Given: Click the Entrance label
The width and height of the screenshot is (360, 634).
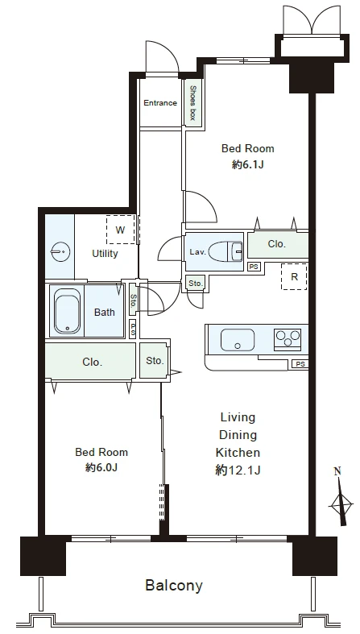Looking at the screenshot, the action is tap(160, 103).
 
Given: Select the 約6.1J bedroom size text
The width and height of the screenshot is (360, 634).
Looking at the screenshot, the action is tap(248, 165).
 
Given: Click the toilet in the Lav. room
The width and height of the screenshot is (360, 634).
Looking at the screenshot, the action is tap(226, 251).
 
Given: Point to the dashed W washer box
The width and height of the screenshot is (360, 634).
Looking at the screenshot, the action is tap(121, 230).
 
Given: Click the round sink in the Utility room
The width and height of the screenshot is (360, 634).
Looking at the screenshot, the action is tap(60, 252).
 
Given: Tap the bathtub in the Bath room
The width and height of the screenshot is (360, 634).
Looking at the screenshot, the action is tap(67, 311).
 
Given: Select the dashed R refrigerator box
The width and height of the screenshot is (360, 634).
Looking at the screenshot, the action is tap(294, 276).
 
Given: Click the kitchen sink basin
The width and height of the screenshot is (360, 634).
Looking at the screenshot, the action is tap(238, 340).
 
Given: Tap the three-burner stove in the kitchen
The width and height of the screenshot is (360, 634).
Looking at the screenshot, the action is tap(288, 338).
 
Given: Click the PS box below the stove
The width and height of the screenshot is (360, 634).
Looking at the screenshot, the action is tap(300, 364).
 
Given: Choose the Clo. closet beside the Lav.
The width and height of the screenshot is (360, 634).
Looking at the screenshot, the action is tap(278, 245).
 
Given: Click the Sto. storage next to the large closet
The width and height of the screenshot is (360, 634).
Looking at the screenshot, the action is tap(154, 361).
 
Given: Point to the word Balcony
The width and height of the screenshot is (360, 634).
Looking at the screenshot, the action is tap(174, 585).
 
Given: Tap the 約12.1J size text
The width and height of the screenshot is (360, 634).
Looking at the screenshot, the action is tap(238, 470).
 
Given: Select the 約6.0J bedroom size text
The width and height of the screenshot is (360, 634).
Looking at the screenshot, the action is tap(101, 468).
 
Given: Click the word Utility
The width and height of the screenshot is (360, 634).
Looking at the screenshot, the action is tap(105, 254).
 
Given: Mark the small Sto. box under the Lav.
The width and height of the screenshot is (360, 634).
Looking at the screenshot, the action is tap(196, 284).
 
